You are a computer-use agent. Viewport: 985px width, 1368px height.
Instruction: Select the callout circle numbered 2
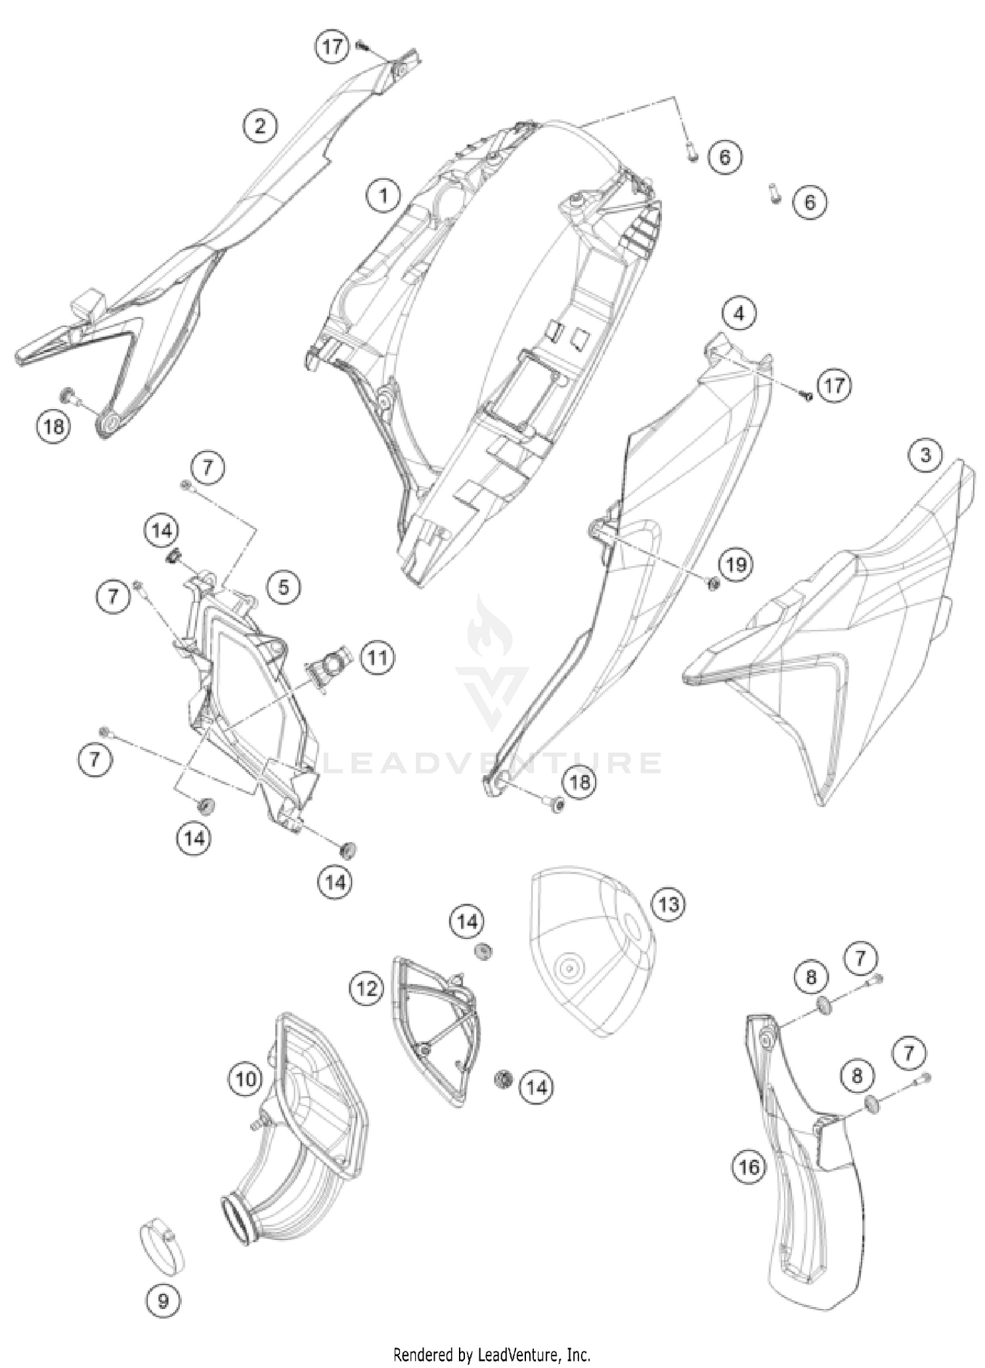(260, 125)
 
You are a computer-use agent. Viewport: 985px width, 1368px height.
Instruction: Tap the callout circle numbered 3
(926, 455)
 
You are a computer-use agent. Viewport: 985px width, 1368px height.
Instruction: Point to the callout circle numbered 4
(739, 314)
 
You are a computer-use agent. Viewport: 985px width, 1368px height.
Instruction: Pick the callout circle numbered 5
(284, 587)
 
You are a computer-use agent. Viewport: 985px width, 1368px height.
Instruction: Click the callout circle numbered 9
(164, 1300)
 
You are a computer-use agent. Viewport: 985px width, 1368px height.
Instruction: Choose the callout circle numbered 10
(246, 1079)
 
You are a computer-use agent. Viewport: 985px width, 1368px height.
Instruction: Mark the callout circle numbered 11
(377, 657)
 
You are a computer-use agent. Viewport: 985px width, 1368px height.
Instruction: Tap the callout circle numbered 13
(668, 905)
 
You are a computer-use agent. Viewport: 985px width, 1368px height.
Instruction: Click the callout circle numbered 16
(749, 1166)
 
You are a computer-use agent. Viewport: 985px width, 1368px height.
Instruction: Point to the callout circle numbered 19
(736, 564)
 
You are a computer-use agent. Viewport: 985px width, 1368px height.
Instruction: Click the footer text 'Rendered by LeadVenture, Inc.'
(492, 1354)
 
